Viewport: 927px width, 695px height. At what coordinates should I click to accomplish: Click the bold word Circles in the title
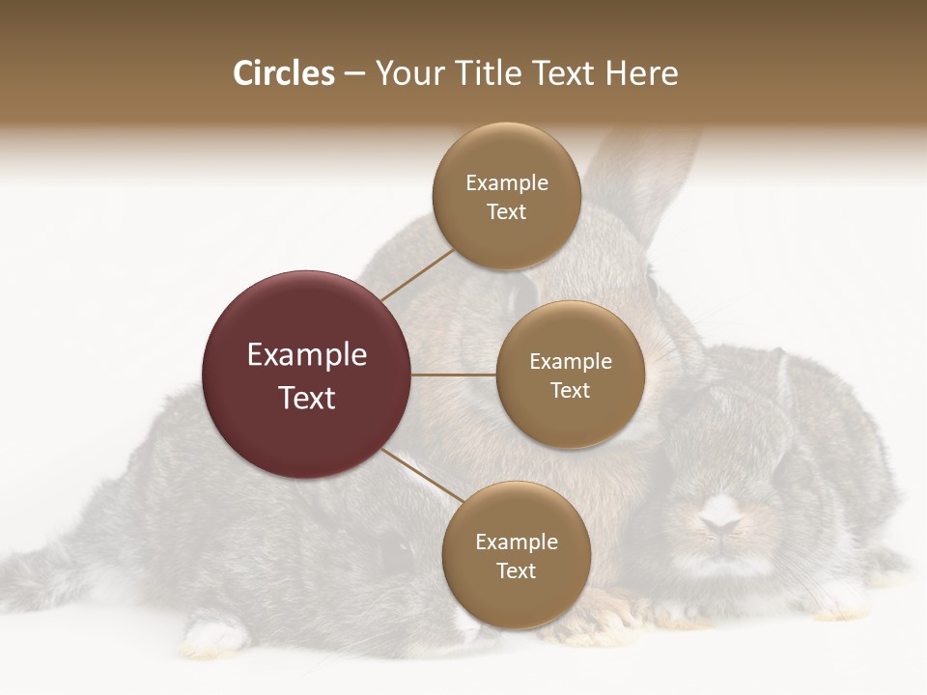tap(284, 73)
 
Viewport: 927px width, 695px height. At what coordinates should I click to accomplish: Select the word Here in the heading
tap(642, 73)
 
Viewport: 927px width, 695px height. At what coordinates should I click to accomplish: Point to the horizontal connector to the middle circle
tap(454, 375)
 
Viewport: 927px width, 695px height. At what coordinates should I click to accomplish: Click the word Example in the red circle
tap(307, 355)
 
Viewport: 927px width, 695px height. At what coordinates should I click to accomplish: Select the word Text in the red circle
tap(307, 398)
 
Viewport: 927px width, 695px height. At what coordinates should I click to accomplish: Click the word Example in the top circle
tap(506, 183)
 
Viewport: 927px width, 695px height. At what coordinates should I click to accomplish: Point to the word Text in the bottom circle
tap(516, 570)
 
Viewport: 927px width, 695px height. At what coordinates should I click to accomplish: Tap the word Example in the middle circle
tap(570, 362)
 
